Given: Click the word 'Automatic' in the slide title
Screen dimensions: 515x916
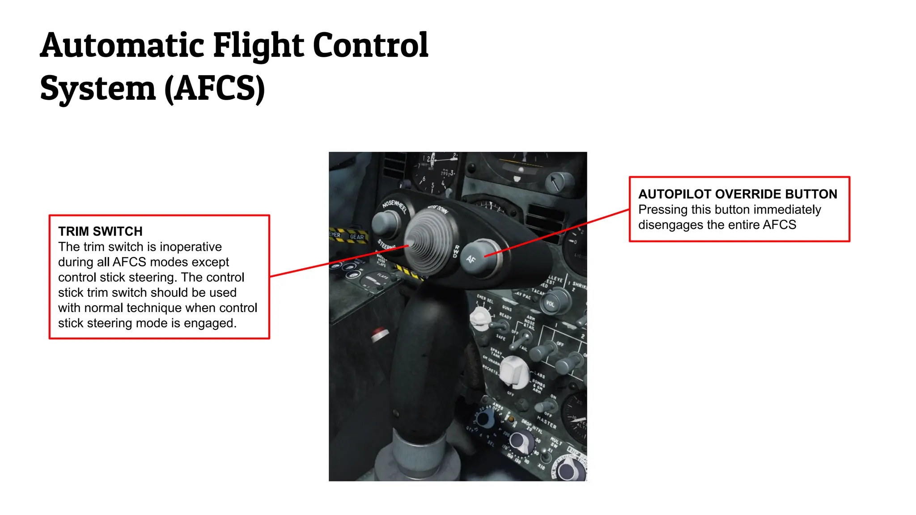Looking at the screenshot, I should (122, 46).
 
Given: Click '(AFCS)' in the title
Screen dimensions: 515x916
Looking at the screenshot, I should (215, 89).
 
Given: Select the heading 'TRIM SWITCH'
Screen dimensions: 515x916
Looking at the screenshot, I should (100, 231).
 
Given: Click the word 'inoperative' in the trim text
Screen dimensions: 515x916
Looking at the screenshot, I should (191, 247).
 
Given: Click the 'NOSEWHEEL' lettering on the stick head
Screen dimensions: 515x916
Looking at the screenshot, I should (394, 206).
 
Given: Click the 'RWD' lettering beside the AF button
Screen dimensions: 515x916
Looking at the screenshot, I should (456, 251).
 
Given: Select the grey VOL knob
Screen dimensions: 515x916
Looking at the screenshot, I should (551, 303).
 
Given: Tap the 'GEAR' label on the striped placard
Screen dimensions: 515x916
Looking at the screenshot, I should (357, 236).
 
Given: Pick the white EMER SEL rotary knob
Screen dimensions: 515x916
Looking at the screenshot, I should (479, 317).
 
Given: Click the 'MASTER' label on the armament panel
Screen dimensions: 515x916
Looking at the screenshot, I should (547, 422).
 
